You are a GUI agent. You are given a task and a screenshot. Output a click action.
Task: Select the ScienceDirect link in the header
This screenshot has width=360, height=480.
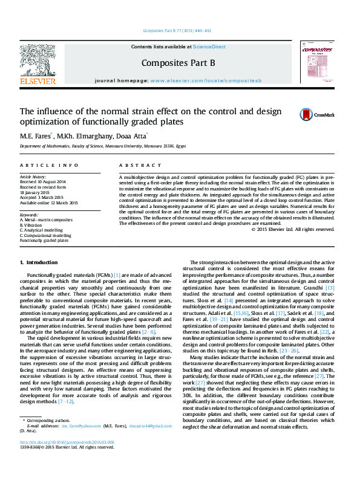(x=210, y=47)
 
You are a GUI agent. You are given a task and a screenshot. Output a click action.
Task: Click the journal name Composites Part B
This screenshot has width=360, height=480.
(x=178, y=62)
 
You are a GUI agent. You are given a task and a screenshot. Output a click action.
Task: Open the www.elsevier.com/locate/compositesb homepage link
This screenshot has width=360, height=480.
(x=206, y=80)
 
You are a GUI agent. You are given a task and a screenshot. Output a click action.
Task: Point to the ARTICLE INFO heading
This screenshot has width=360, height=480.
(x=49, y=165)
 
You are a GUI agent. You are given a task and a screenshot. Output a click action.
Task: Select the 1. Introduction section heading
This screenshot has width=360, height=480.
(x=39, y=262)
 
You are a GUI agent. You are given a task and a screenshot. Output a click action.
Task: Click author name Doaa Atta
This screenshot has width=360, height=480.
(x=131, y=136)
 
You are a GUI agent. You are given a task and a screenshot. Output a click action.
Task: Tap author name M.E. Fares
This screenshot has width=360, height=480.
(x=35, y=136)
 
